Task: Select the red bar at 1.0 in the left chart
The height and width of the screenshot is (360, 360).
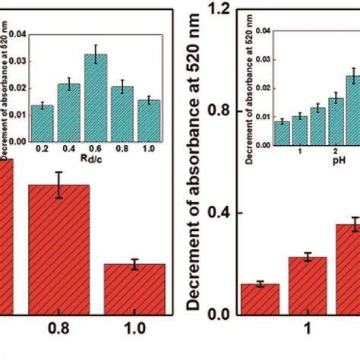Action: [134, 289]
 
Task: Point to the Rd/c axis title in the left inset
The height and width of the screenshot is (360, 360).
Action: [96, 159]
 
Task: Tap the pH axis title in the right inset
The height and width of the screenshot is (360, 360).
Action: [332, 161]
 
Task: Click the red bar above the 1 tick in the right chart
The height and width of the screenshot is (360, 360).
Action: [259, 299]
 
